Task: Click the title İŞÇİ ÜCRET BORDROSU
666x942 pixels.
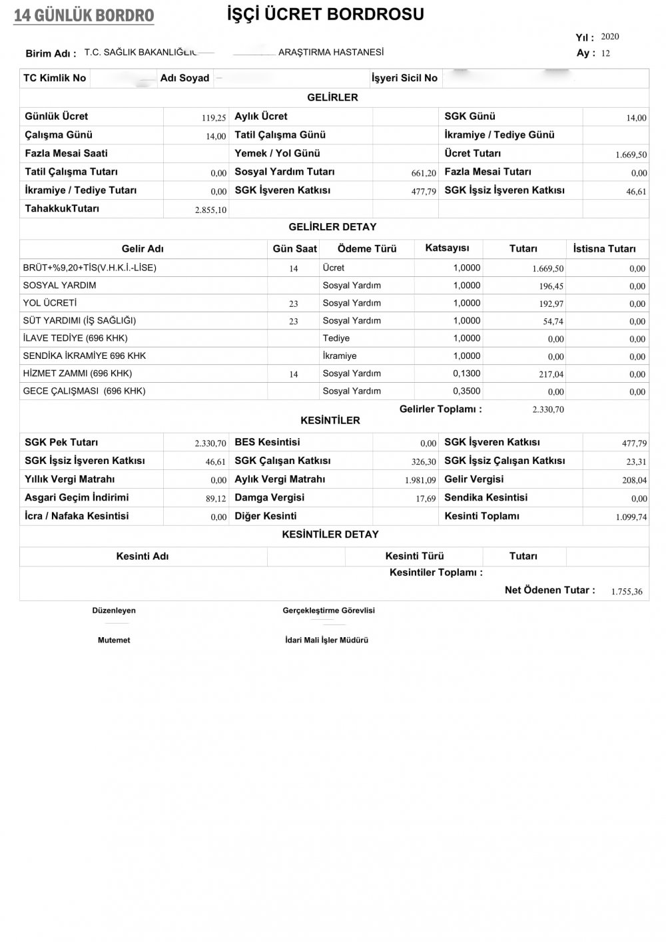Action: pyautogui.click(x=326, y=14)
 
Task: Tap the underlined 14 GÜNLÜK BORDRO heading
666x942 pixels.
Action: pyautogui.click(x=84, y=15)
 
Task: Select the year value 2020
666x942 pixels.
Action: pyautogui.click(x=609, y=37)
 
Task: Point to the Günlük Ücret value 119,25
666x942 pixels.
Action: pyautogui.click(x=214, y=118)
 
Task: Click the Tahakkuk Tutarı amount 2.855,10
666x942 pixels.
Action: pyautogui.click(x=210, y=210)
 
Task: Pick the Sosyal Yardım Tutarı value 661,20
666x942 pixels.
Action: pyautogui.click(x=424, y=173)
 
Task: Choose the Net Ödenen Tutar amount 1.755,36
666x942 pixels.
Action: pyautogui.click(x=627, y=591)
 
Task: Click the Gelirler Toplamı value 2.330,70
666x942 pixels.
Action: pyautogui.click(x=548, y=409)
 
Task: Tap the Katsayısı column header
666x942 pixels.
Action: pyautogui.click(x=447, y=248)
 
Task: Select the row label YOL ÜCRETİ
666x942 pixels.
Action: pyautogui.click(x=50, y=303)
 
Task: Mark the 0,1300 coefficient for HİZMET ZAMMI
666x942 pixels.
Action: pyautogui.click(x=466, y=373)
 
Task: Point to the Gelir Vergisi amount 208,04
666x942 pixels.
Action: pyautogui.click(x=633, y=480)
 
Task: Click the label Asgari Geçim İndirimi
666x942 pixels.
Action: pyautogui.click(x=77, y=497)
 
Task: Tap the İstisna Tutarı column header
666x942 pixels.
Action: pyautogui.click(x=604, y=248)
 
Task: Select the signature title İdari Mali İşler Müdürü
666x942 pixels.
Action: pyautogui.click(x=326, y=640)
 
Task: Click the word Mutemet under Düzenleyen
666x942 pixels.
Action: pyautogui.click(x=114, y=640)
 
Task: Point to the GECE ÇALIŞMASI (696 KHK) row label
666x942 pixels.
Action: pyautogui.click(x=84, y=391)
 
